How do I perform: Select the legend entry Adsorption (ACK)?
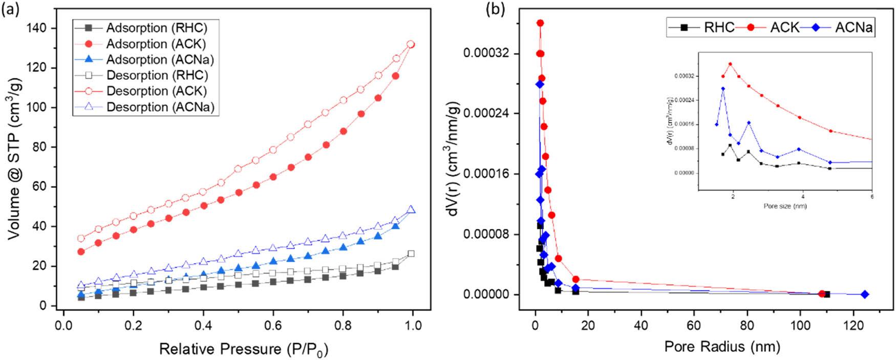tap(156, 44)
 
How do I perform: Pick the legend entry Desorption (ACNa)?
tap(160, 107)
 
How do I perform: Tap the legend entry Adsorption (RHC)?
tap(156, 28)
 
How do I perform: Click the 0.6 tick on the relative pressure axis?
tap(273, 325)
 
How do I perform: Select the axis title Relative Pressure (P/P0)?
tap(243, 349)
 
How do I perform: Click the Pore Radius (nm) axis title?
tap(722, 347)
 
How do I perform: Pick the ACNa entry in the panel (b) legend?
tap(853, 28)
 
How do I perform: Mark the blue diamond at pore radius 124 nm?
tap(865, 294)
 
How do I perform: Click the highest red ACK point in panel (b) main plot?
tap(540, 23)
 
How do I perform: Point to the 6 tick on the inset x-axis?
tap(872, 197)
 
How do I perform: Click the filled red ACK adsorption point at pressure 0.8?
tap(343, 131)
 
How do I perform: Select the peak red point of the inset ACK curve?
tap(730, 65)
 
